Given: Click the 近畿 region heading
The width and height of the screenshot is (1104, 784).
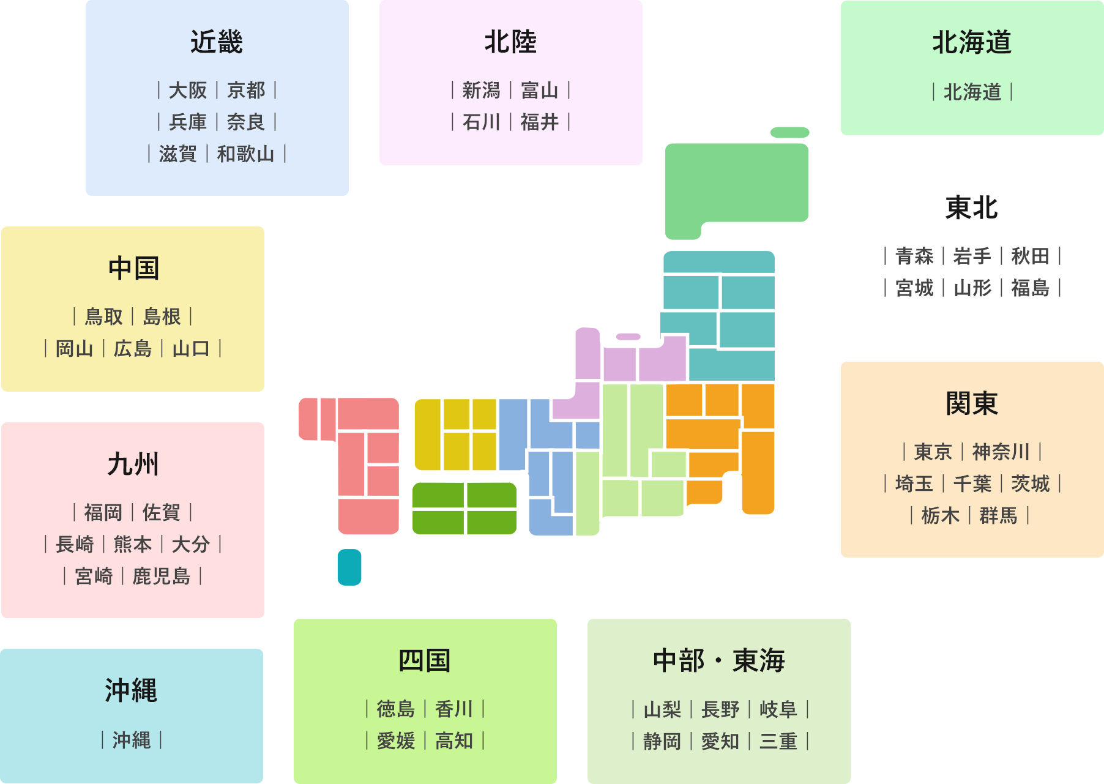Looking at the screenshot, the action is (x=217, y=42).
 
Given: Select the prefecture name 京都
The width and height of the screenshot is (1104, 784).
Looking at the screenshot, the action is (x=246, y=91).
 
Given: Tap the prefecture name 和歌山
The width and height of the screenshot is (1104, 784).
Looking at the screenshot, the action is (x=246, y=154).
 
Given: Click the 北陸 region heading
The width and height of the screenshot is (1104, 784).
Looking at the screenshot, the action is (x=510, y=42).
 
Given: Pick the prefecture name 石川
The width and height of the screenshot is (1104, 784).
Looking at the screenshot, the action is (x=481, y=122).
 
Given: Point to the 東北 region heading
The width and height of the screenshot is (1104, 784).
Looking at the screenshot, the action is (x=972, y=208).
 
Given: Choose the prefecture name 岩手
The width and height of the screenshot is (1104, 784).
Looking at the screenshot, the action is (x=972, y=256).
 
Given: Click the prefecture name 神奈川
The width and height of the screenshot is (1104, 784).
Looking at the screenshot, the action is (x=1001, y=452).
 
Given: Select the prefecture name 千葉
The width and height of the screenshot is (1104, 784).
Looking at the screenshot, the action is (x=972, y=484).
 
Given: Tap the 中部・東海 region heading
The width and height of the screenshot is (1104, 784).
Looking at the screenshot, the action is (x=719, y=661).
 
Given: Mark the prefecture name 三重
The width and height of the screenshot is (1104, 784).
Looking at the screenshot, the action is (x=778, y=742).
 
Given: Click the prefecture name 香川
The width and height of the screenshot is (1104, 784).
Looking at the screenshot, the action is (x=453, y=709).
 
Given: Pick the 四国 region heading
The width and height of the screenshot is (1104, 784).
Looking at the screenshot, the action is (x=425, y=661).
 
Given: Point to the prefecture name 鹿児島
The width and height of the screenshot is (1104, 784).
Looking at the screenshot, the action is (x=162, y=577).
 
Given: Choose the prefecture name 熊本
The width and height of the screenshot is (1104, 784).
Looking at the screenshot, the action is (x=133, y=545).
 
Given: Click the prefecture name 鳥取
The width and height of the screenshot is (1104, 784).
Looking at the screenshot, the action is (x=103, y=317).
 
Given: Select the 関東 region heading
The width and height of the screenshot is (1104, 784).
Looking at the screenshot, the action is (x=972, y=404).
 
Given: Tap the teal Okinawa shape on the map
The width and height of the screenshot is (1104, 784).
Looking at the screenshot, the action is (x=349, y=567).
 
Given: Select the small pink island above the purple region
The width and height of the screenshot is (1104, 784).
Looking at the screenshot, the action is (x=628, y=337).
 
